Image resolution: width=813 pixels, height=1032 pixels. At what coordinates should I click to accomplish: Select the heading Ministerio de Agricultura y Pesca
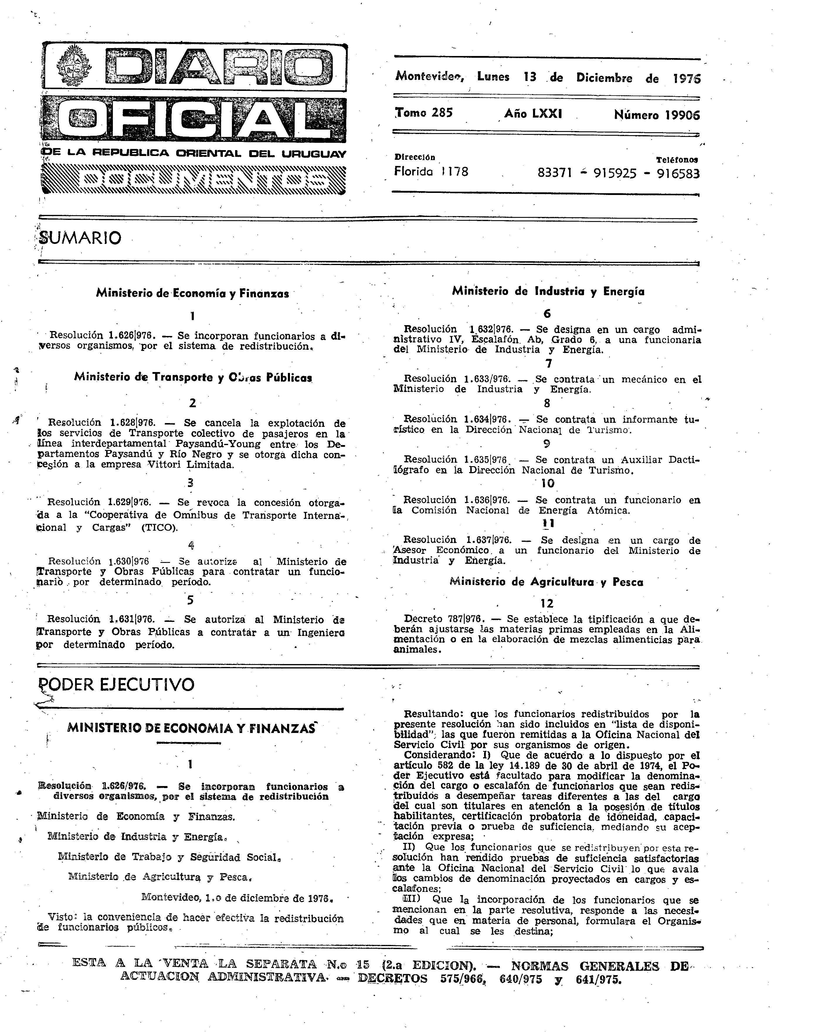click(546, 582)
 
